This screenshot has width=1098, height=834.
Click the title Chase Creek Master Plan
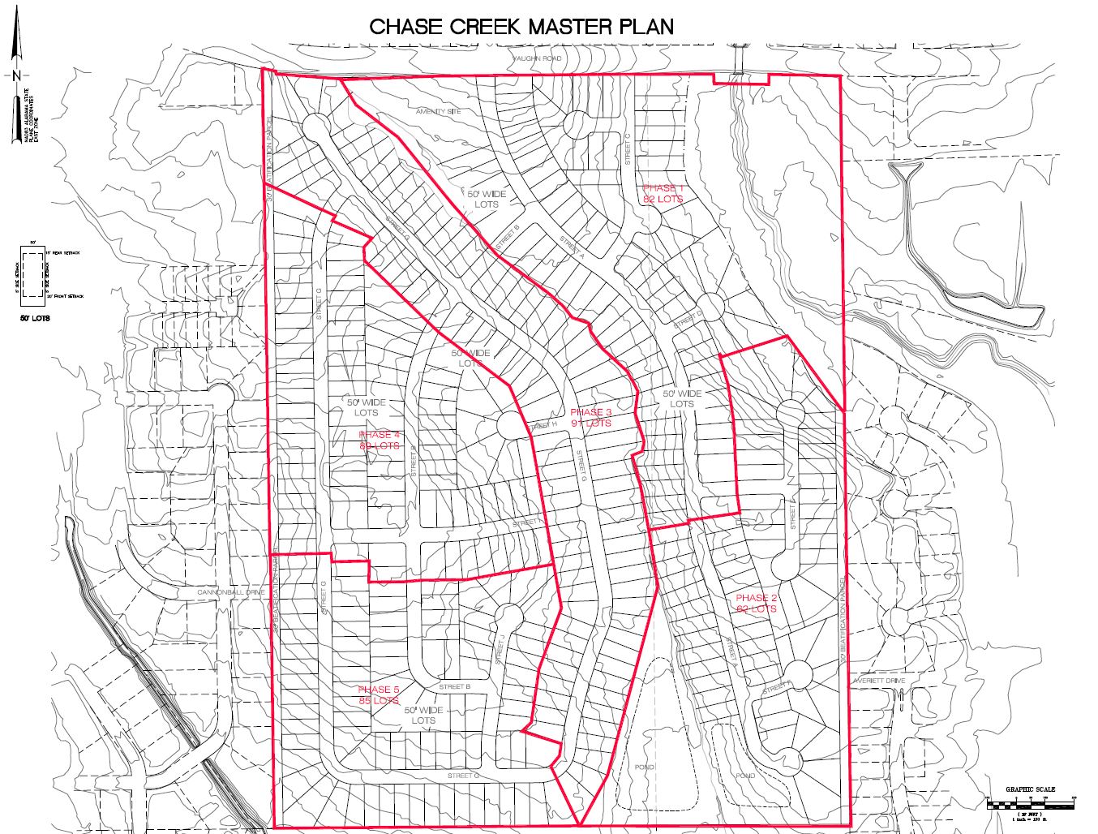pos(521,26)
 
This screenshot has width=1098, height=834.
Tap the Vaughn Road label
pos(537,59)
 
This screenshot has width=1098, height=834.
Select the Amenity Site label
pos(438,111)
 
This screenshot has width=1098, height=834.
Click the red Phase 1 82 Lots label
pos(663,193)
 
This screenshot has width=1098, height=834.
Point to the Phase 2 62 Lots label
pos(756,603)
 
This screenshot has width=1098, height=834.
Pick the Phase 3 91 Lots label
pos(590,418)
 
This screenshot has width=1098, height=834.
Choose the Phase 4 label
pos(379,440)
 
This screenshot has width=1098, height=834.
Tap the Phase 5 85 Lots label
pos(379,694)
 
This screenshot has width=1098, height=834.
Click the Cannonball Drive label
pos(230,593)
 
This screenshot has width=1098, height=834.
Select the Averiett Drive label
pos(877,681)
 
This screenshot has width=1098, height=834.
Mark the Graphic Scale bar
pos(1031,804)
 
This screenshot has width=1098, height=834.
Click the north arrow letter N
pos(16,75)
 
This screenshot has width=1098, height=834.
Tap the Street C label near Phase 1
pos(627,150)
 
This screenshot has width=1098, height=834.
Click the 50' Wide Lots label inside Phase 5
pos(423,715)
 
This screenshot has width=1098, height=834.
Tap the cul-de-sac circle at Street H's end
pos(512,423)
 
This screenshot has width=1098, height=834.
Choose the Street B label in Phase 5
pos(454,687)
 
